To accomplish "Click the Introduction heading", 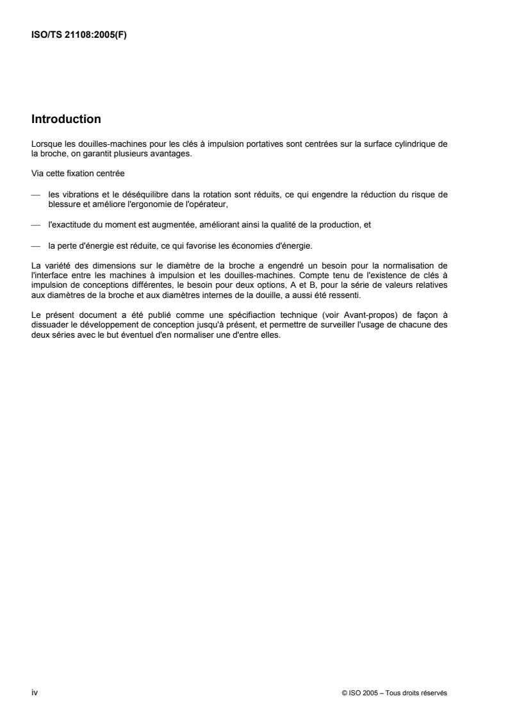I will [66, 119].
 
